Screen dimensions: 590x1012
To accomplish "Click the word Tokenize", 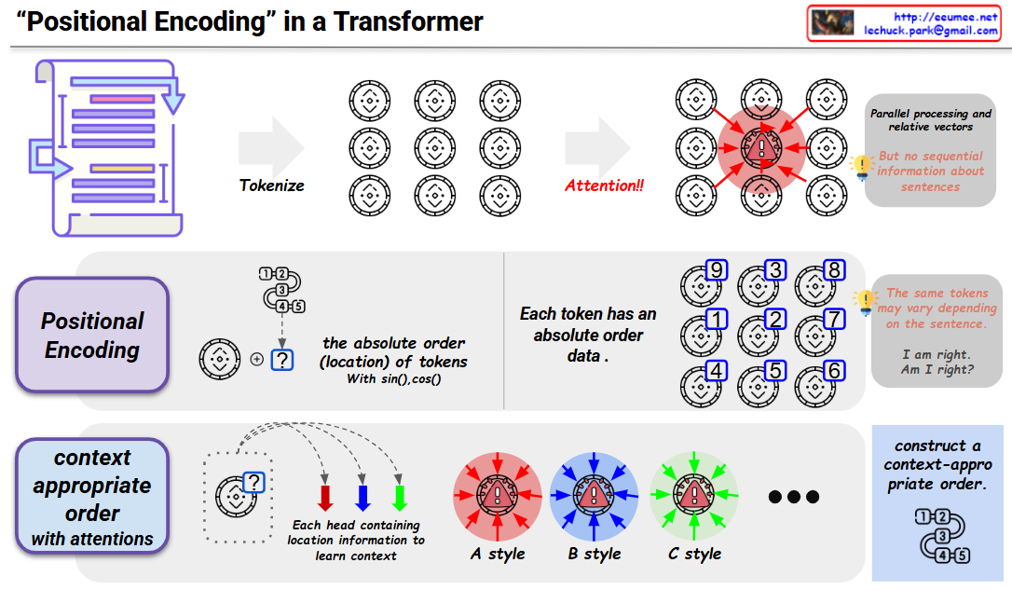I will pos(272,185).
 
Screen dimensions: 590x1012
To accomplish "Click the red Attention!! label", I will pos(604,185).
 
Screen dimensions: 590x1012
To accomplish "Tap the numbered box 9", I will pos(717,270).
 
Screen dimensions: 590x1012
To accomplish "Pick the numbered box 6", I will pos(835,371).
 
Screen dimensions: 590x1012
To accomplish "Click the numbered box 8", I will pos(835,270).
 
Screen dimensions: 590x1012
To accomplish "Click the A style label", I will pos(498,554).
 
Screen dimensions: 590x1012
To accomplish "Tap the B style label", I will pos(594,554).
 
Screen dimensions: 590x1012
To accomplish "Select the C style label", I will pos(694,554).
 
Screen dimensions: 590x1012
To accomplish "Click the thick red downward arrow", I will pos(325,497).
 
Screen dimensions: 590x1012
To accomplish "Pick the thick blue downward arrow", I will pos(362,497).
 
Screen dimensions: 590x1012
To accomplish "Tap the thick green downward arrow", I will pos(400,497).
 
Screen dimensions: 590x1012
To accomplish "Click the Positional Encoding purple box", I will pos(93,336).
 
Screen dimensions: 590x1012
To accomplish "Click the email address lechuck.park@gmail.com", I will pos(929,31).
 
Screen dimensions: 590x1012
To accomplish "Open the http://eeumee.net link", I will pos(945,17).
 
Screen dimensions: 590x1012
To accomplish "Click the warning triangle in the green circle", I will pos(692,498).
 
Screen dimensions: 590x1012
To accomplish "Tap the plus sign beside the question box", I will pos(256,359).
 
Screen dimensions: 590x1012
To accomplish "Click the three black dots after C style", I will pos(793,497).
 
